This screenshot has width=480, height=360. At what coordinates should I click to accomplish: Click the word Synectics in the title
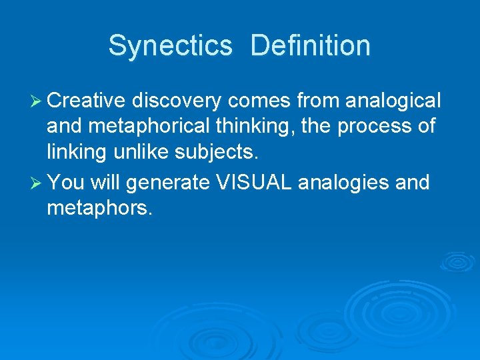[170, 46]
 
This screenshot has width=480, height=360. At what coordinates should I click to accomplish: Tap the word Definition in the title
[311, 46]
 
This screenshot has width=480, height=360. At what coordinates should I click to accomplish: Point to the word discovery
[177, 101]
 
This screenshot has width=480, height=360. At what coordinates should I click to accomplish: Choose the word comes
[261, 101]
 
